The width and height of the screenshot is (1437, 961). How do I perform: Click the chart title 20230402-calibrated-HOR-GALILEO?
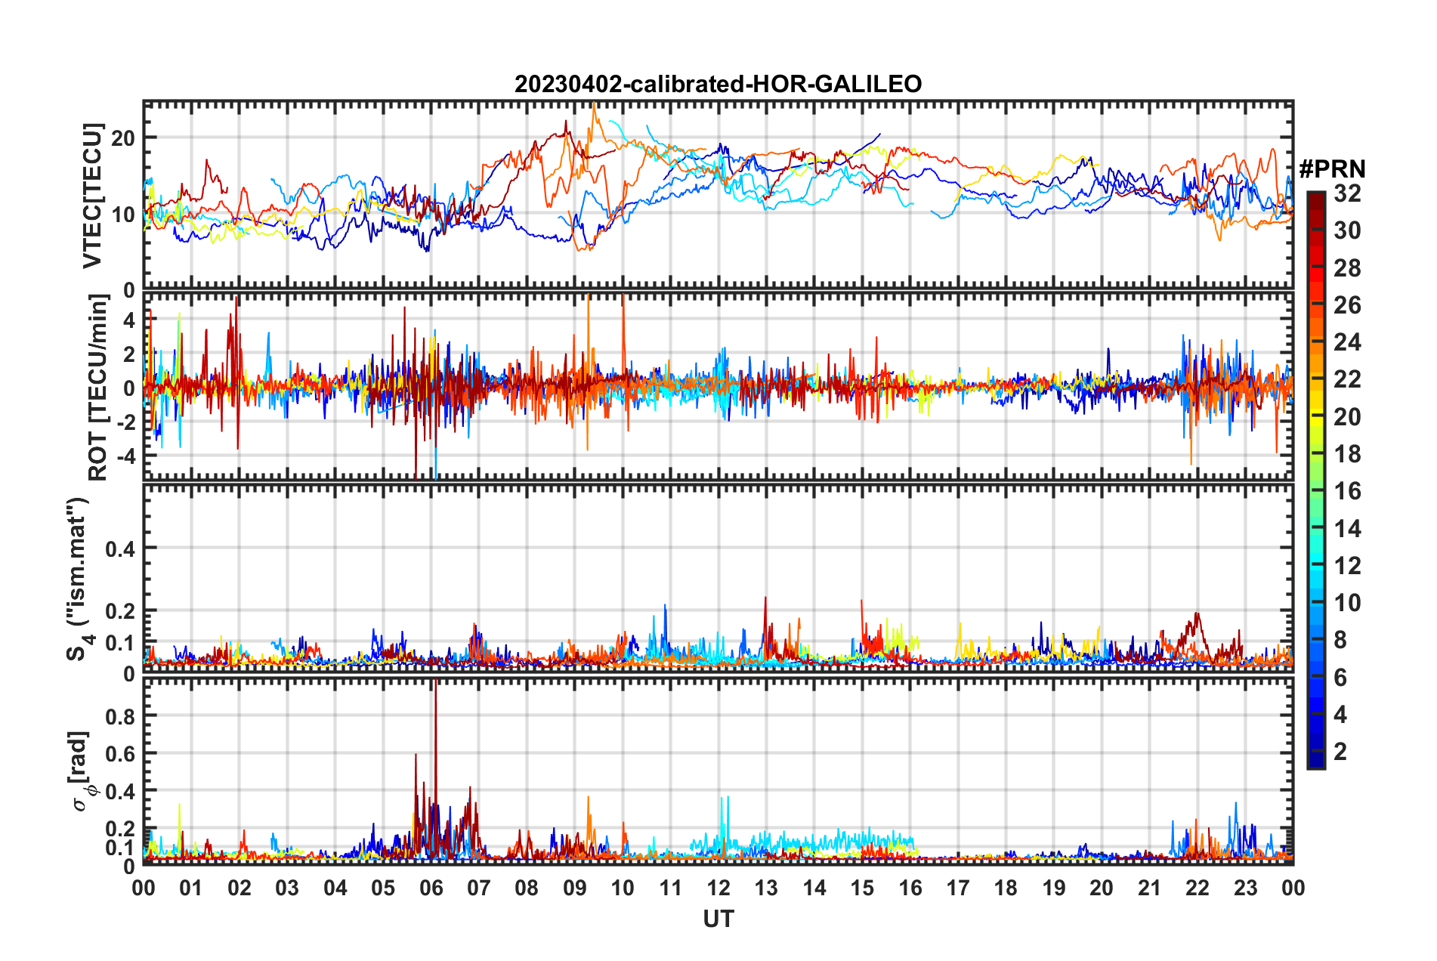pos(718,84)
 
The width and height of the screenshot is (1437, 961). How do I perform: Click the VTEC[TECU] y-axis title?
pos(92,196)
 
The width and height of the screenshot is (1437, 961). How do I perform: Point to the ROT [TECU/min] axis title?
pos(97,388)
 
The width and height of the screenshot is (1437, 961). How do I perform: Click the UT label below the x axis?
pos(718,919)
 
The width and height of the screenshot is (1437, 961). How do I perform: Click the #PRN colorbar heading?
pos(1332,169)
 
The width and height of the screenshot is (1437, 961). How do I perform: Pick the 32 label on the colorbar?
pos(1347,193)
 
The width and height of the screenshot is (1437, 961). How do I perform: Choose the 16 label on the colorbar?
pos(1347,491)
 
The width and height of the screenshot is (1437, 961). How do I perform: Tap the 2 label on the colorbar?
pos(1340,751)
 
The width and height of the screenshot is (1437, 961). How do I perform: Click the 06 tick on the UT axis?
pos(431,888)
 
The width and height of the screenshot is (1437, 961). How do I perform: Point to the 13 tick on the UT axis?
pos(766,888)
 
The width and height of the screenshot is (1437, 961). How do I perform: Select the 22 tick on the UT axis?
pos(1197,888)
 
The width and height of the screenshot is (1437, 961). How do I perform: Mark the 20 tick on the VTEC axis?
pos(123,138)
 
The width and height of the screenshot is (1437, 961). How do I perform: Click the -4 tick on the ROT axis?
pos(127,456)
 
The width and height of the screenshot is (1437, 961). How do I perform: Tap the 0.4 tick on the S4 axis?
pos(121,548)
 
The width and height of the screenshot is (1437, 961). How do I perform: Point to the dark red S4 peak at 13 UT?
pos(765,599)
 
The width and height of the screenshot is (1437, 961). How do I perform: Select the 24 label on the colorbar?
pos(1347,342)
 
